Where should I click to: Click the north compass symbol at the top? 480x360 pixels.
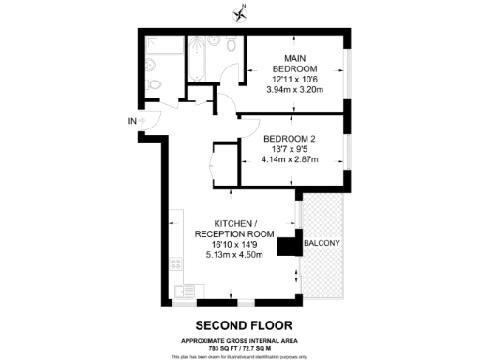coord(241,12)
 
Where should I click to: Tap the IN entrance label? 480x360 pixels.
coord(132,121)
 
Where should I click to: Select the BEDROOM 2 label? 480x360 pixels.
coord(288,138)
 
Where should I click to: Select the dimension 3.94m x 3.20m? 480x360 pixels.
coord(294,91)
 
